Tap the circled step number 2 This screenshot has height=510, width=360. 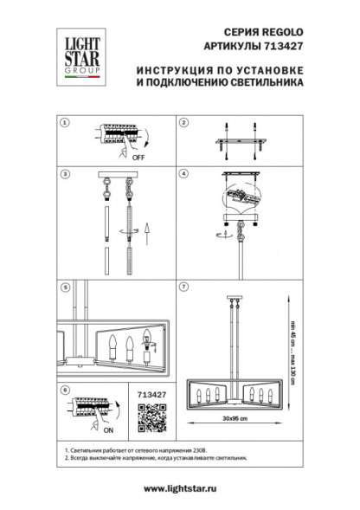tap(183, 123)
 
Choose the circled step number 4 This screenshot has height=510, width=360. tap(183, 175)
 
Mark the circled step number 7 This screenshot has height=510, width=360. tap(183, 285)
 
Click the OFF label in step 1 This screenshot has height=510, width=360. tap(138, 158)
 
